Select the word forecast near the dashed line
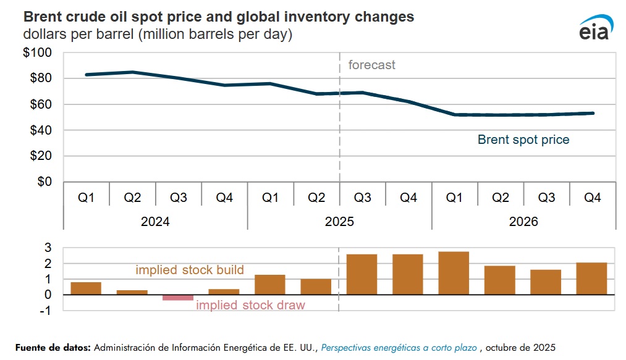click(x=371, y=65)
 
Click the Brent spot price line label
click(x=523, y=140)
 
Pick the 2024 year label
click(x=155, y=222)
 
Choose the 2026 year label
click(x=523, y=222)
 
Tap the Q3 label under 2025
click(x=362, y=198)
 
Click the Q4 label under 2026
click(x=592, y=198)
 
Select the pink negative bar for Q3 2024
click(x=178, y=298)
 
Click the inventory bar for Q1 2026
click(x=454, y=273)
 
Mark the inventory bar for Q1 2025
click(x=270, y=285)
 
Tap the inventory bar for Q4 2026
click(x=592, y=278)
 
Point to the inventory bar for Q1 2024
click(x=86, y=288)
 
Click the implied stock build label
click(x=190, y=270)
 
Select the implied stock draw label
click(x=250, y=305)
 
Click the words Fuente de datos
click(x=53, y=348)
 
